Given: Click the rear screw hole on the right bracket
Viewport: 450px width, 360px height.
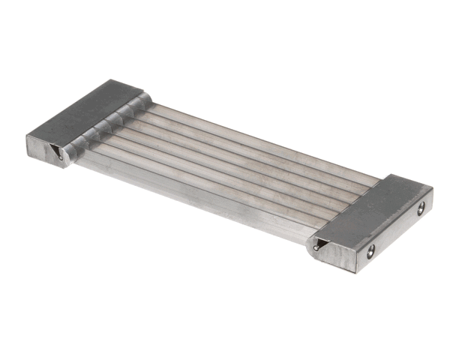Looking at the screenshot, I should pos(421,209).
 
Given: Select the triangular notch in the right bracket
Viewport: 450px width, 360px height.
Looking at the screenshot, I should pos(319,244).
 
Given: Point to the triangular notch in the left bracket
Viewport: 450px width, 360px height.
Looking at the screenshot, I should pos(57,153).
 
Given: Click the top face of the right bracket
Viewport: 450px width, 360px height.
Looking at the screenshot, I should pos(367,210).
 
